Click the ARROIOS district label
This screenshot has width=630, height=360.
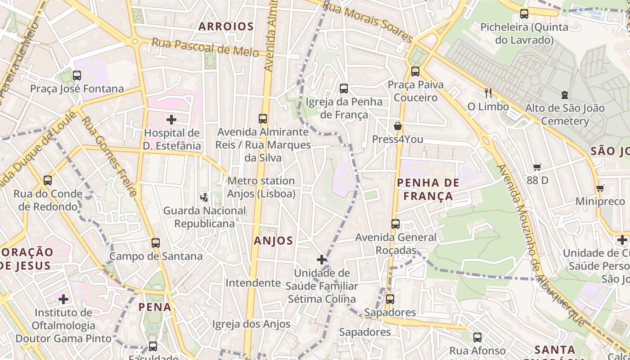coord(226,27)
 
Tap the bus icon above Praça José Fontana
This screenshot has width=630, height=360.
coord(77,75)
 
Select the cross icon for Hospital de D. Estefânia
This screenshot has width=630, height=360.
coord(171,120)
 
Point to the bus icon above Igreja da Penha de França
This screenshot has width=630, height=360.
coord(344,89)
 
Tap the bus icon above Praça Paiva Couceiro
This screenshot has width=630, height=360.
coord(415,72)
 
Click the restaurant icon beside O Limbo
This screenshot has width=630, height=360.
coord(488,93)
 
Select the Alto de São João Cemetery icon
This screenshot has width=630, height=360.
coord(564,95)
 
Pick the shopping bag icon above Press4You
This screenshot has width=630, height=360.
coord(398,126)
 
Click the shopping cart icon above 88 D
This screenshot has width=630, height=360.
coord(537,167)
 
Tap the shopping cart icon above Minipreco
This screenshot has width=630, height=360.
coord(600,188)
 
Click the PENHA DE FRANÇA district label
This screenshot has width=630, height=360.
coord(428,189)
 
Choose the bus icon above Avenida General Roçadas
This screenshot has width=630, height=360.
coord(396,224)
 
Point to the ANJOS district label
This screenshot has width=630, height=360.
coord(273,241)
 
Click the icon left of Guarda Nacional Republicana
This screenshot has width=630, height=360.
coord(205,197)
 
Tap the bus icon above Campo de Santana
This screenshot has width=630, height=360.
coord(156,243)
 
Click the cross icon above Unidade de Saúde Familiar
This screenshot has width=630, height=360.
coord(322,260)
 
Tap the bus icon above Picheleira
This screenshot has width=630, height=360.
coord(524,14)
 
